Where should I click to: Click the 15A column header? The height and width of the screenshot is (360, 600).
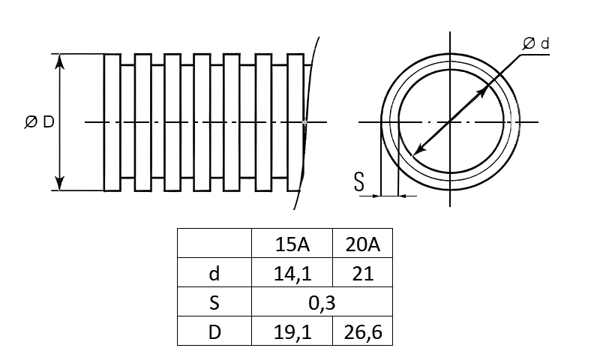pyautogui.click(x=292, y=244)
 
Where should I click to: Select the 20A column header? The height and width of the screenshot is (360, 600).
pyautogui.click(x=363, y=244)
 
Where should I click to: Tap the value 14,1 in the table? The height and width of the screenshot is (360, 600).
pyautogui.click(x=292, y=274)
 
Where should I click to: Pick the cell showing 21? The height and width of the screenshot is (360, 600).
pyautogui.click(x=363, y=274)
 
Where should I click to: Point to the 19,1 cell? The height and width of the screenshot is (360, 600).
pyautogui.click(x=292, y=332)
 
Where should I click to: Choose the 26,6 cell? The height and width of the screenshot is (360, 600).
pyautogui.click(x=363, y=332)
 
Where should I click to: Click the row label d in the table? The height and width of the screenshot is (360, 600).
pyautogui.click(x=214, y=274)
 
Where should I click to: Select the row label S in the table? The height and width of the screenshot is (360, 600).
pyautogui.click(x=214, y=303)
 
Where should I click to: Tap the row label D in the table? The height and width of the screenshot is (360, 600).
pyautogui.click(x=214, y=332)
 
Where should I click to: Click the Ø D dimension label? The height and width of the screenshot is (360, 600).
pyautogui.click(x=40, y=122)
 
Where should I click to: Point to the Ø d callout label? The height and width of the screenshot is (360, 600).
pyautogui.click(x=535, y=43)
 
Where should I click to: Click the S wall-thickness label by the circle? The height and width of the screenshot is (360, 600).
pyautogui.click(x=359, y=181)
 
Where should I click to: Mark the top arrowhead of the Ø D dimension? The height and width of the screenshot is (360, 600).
pyautogui.click(x=59, y=61)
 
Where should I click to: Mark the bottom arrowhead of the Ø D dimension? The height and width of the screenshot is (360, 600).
pyautogui.click(x=59, y=184)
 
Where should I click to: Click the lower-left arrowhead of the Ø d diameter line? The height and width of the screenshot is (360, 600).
pyautogui.click(x=418, y=150)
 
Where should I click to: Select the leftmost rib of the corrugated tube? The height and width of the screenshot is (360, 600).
pyautogui.click(x=112, y=122)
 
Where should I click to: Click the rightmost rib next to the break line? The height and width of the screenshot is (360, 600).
pyautogui.click(x=295, y=122)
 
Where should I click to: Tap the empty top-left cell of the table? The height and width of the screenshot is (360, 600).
pyautogui.click(x=214, y=243)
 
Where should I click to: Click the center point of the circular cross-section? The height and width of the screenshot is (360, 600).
pyautogui.click(x=450, y=122)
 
